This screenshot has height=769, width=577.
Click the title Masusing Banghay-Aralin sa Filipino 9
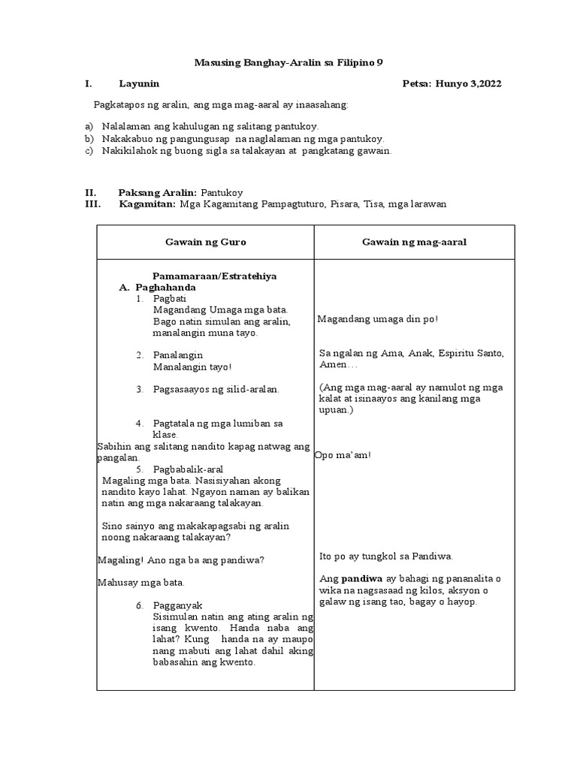point(288,62)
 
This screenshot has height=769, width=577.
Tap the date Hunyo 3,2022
point(472,83)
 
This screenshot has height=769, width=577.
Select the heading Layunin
point(139,83)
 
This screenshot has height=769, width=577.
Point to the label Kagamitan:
point(147,204)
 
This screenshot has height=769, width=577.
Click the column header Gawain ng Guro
point(205,242)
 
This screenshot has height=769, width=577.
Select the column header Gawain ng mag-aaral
point(414,242)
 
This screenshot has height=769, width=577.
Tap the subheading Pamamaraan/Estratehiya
point(214,276)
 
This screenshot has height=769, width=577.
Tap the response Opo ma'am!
point(343,456)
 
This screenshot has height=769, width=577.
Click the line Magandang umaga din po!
point(378,319)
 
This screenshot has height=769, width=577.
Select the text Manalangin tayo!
point(192,366)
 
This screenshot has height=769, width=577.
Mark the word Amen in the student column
point(331,364)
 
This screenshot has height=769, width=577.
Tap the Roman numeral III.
point(92,204)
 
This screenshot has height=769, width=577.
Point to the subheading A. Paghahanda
point(157,287)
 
